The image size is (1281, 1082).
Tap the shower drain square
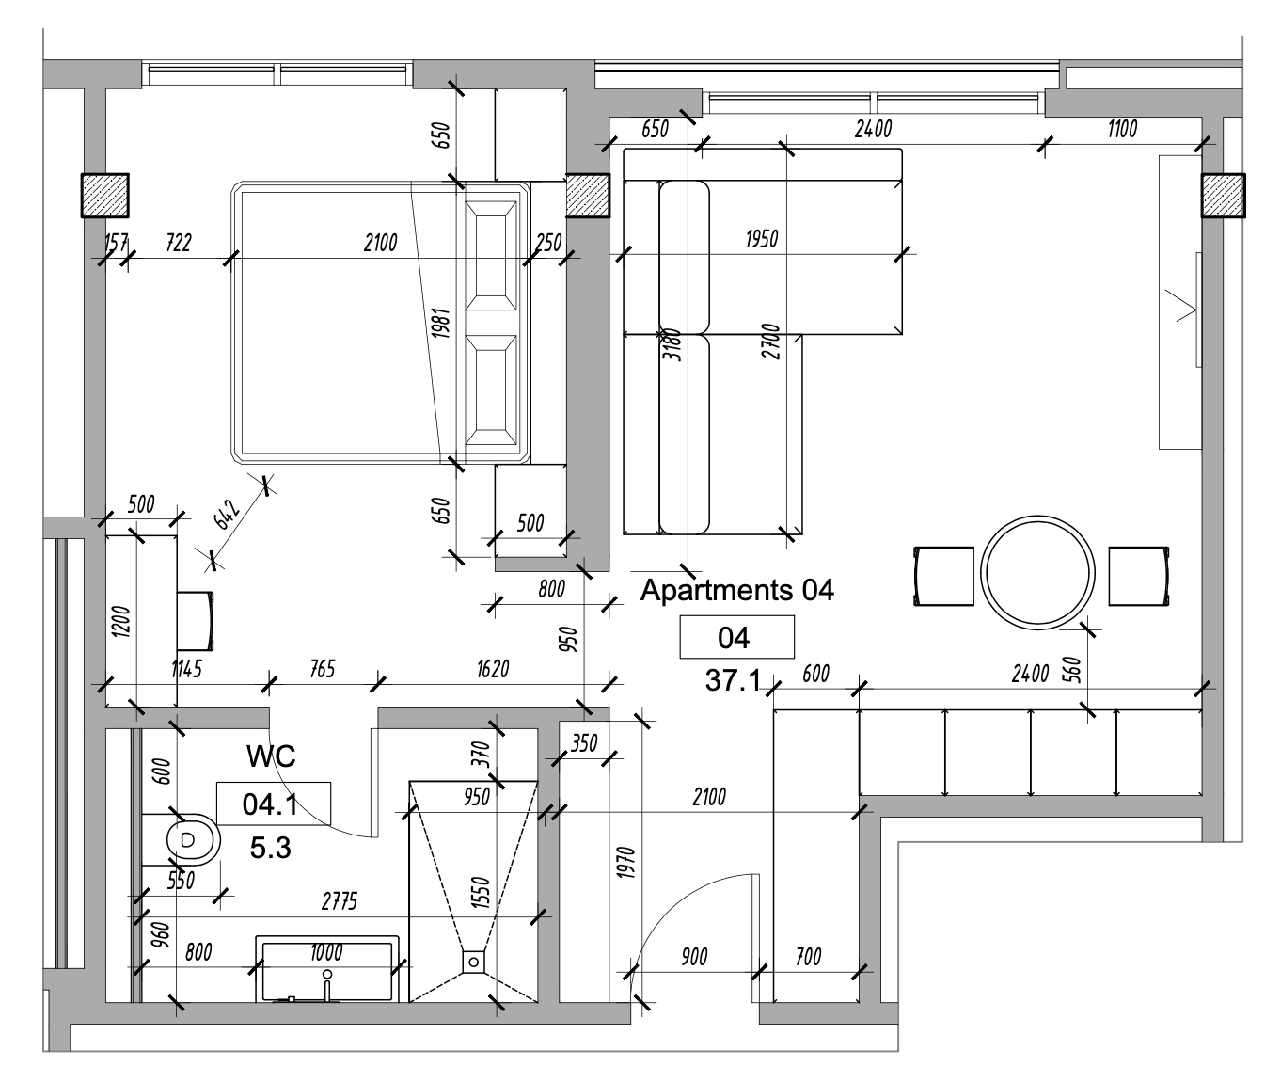tap(472, 962)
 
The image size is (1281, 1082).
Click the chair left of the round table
tap(943, 576)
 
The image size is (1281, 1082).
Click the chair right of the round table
tap(1138, 576)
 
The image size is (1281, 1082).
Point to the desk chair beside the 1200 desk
tap(196, 620)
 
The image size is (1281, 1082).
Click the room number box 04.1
tap(272, 804)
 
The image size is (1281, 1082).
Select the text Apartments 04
tap(736, 590)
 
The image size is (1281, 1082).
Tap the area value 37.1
tap(733, 680)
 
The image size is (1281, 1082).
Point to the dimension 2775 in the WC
tap(339, 902)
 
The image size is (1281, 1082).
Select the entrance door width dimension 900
tap(694, 957)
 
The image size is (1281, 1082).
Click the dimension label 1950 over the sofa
tap(761, 239)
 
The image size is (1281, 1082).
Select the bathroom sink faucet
tap(326, 983)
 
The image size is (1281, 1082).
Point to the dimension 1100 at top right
tap(1121, 129)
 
